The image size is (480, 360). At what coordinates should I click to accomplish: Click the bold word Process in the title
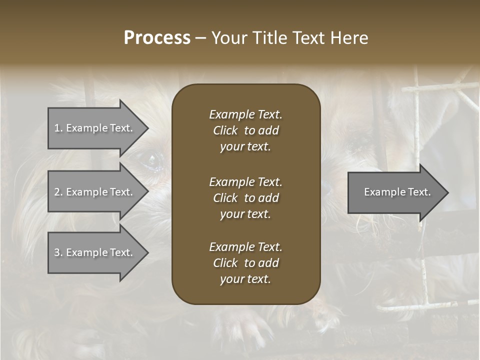coord(157,38)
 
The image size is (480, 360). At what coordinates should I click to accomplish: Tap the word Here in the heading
coord(348,38)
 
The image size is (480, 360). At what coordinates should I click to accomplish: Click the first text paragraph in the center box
coord(245,130)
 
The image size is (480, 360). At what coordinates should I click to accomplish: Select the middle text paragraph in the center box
coord(245,198)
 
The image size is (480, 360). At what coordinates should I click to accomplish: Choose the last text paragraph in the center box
coord(245,263)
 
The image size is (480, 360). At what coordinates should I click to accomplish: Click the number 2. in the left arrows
coord(58,192)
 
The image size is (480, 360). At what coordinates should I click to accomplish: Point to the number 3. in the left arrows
coord(58,252)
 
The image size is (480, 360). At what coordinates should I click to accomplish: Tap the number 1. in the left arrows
coord(58,128)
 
